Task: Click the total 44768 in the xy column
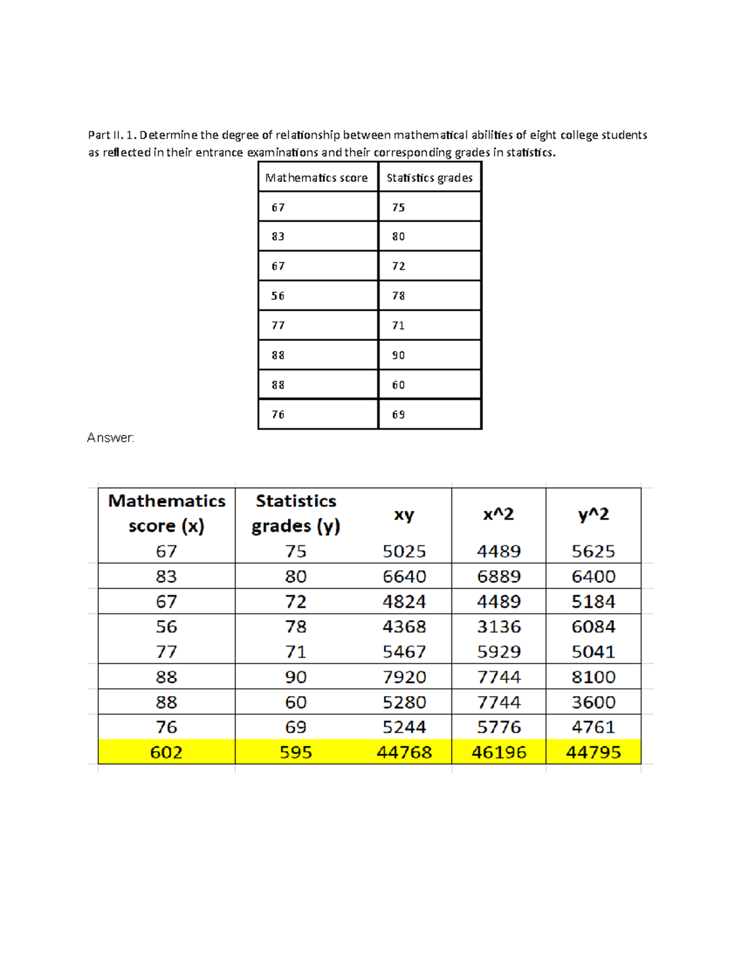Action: click(x=404, y=752)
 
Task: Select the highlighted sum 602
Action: click(x=166, y=752)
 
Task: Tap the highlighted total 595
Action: click(x=296, y=752)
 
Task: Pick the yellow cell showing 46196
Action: click(x=498, y=752)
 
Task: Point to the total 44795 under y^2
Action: click(x=593, y=752)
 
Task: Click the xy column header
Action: click(x=404, y=514)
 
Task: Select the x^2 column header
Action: click(x=498, y=514)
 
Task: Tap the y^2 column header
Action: click(x=593, y=514)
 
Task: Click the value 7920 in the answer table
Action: click(x=404, y=676)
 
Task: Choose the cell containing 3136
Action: click(x=498, y=626)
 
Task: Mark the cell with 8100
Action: click(x=593, y=676)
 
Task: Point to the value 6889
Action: click(x=498, y=576)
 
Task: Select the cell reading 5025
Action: click(x=404, y=551)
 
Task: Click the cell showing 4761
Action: click(x=593, y=726)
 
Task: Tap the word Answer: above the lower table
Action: click(x=111, y=437)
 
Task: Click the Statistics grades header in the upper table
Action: click(x=429, y=178)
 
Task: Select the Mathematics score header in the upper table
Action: click(x=317, y=178)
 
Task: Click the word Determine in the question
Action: click(x=168, y=135)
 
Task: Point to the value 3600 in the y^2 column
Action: click(x=593, y=702)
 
